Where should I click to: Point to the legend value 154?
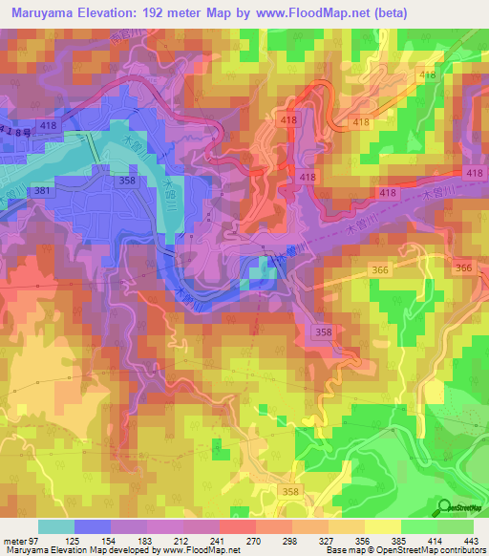pos(110,540)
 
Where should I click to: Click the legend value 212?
pos(182,540)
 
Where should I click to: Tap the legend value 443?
pos(471,540)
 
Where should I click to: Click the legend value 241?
pos(219,540)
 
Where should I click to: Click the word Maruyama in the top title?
pos(43,12)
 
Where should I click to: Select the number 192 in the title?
pos(168,12)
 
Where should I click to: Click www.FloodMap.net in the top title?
pos(323,12)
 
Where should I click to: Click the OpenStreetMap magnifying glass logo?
pos(444,507)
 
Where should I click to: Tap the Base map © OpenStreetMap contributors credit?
pos(404,550)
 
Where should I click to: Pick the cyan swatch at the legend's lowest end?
pos(55,526)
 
